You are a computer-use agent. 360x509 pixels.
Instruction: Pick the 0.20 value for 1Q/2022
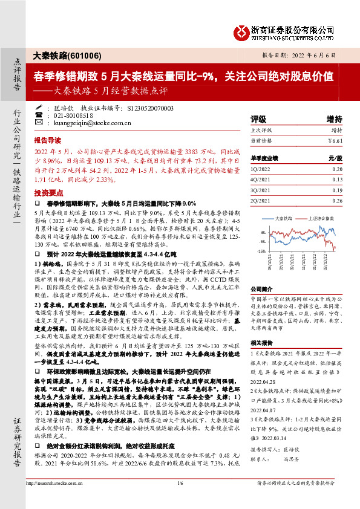pos(338,170)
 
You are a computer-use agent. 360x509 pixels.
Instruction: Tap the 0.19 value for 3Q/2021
pos(338,189)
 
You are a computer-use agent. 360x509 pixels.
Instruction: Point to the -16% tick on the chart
pos(261,250)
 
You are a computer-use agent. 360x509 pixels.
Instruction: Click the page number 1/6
pos(180,499)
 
